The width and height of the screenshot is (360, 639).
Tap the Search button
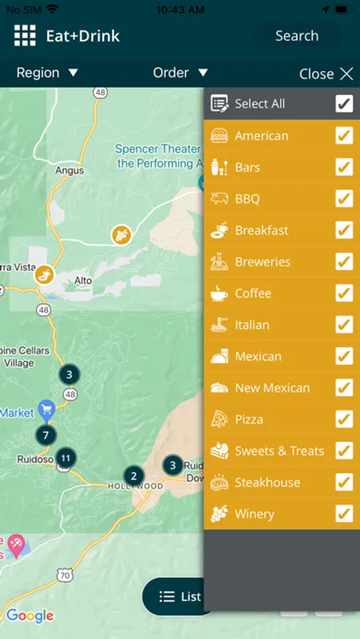(297, 35)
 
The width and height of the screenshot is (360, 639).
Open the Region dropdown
(48, 72)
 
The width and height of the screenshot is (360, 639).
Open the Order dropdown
(180, 72)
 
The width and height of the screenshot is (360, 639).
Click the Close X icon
(347, 74)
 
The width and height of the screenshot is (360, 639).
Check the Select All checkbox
(344, 104)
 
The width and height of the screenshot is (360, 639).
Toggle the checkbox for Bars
(344, 168)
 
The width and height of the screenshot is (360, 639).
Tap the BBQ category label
(247, 199)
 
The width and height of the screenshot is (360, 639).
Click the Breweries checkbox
(344, 262)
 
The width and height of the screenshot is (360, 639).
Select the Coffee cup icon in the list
(219, 293)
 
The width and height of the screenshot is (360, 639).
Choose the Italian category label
(252, 325)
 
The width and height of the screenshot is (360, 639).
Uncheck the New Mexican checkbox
(344, 388)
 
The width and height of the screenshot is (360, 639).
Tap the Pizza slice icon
(219, 420)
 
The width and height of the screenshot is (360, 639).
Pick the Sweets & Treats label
(279, 451)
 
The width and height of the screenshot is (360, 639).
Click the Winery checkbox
(344, 514)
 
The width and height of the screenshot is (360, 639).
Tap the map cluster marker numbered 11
(66, 458)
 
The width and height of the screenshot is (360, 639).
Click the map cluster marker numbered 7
(45, 435)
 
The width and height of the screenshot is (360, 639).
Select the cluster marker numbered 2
(133, 476)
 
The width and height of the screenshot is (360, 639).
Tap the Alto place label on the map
(83, 280)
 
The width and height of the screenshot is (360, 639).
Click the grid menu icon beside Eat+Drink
(25, 35)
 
